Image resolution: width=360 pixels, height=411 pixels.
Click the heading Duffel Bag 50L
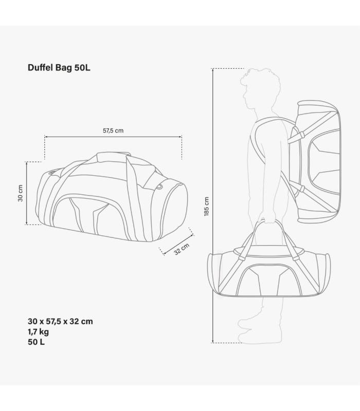(59, 68)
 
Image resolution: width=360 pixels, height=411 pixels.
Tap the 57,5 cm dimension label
(113, 130)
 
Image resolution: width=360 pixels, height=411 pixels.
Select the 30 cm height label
(21, 193)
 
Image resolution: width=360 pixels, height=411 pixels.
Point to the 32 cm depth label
(182, 249)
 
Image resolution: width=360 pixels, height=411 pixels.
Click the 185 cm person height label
(207, 207)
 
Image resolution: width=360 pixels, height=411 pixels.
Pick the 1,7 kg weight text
(38, 332)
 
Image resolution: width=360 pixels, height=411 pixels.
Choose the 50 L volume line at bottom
(36, 342)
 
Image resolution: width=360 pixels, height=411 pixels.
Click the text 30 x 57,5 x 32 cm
(60, 322)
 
